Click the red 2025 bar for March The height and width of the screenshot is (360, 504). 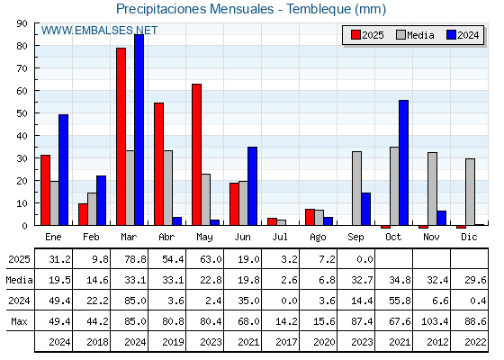point(121,137)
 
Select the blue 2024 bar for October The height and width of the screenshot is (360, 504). point(404,163)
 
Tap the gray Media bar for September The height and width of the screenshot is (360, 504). point(356,188)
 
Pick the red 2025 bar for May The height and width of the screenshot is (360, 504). point(197,155)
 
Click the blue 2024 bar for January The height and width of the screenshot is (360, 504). point(63,170)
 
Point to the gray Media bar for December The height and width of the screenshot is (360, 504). point(470,192)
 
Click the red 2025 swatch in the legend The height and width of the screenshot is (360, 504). point(355,35)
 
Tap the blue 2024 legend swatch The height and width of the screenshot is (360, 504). point(451,35)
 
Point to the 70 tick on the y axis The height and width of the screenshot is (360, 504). point(22,68)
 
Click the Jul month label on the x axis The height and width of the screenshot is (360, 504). point(280,237)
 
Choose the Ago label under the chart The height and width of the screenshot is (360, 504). point(318,238)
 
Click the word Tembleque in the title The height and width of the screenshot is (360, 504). point(319,9)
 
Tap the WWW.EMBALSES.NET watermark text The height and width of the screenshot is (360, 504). point(99,31)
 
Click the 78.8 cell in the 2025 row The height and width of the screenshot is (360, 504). point(135,259)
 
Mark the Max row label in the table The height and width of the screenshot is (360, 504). point(19,321)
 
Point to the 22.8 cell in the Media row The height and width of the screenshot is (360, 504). point(211,280)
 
